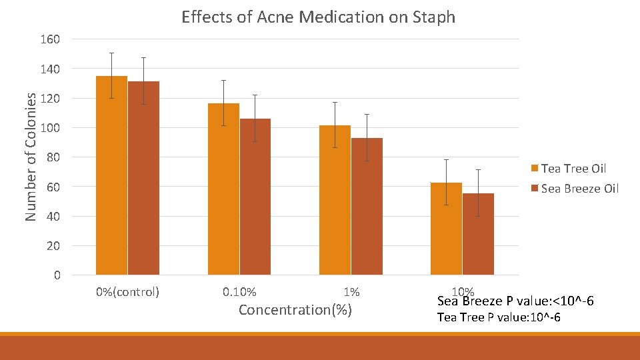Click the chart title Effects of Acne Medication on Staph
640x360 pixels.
(x=318, y=17)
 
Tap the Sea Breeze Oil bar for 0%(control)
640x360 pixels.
(x=143, y=178)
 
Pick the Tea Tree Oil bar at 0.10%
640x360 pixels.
(x=223, y=189)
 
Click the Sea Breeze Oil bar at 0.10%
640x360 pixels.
(x=255, y=197)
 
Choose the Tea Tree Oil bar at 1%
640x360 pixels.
(x=335, y=200)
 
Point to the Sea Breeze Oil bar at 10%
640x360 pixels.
(x=478, y=234)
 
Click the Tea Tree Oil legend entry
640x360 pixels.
(x=573, y=169)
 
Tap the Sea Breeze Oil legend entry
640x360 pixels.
(x=579, y=189)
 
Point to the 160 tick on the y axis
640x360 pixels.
(x=50, y=39)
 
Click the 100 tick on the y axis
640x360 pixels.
(x=50, y=128)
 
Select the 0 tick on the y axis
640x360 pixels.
(x=57, y=275)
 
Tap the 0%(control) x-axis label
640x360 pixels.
(x=127, y=292)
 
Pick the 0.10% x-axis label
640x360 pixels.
(x=239, y=292)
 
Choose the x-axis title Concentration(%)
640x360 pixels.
(x=295, y=310)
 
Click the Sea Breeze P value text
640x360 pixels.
(x=515, y=303)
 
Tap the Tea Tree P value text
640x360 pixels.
(x=498, y=317)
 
